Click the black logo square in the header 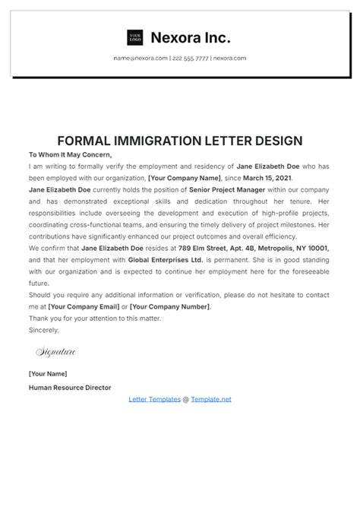(136, 37)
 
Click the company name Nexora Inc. (191, 37)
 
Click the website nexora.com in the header (229, 59)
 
